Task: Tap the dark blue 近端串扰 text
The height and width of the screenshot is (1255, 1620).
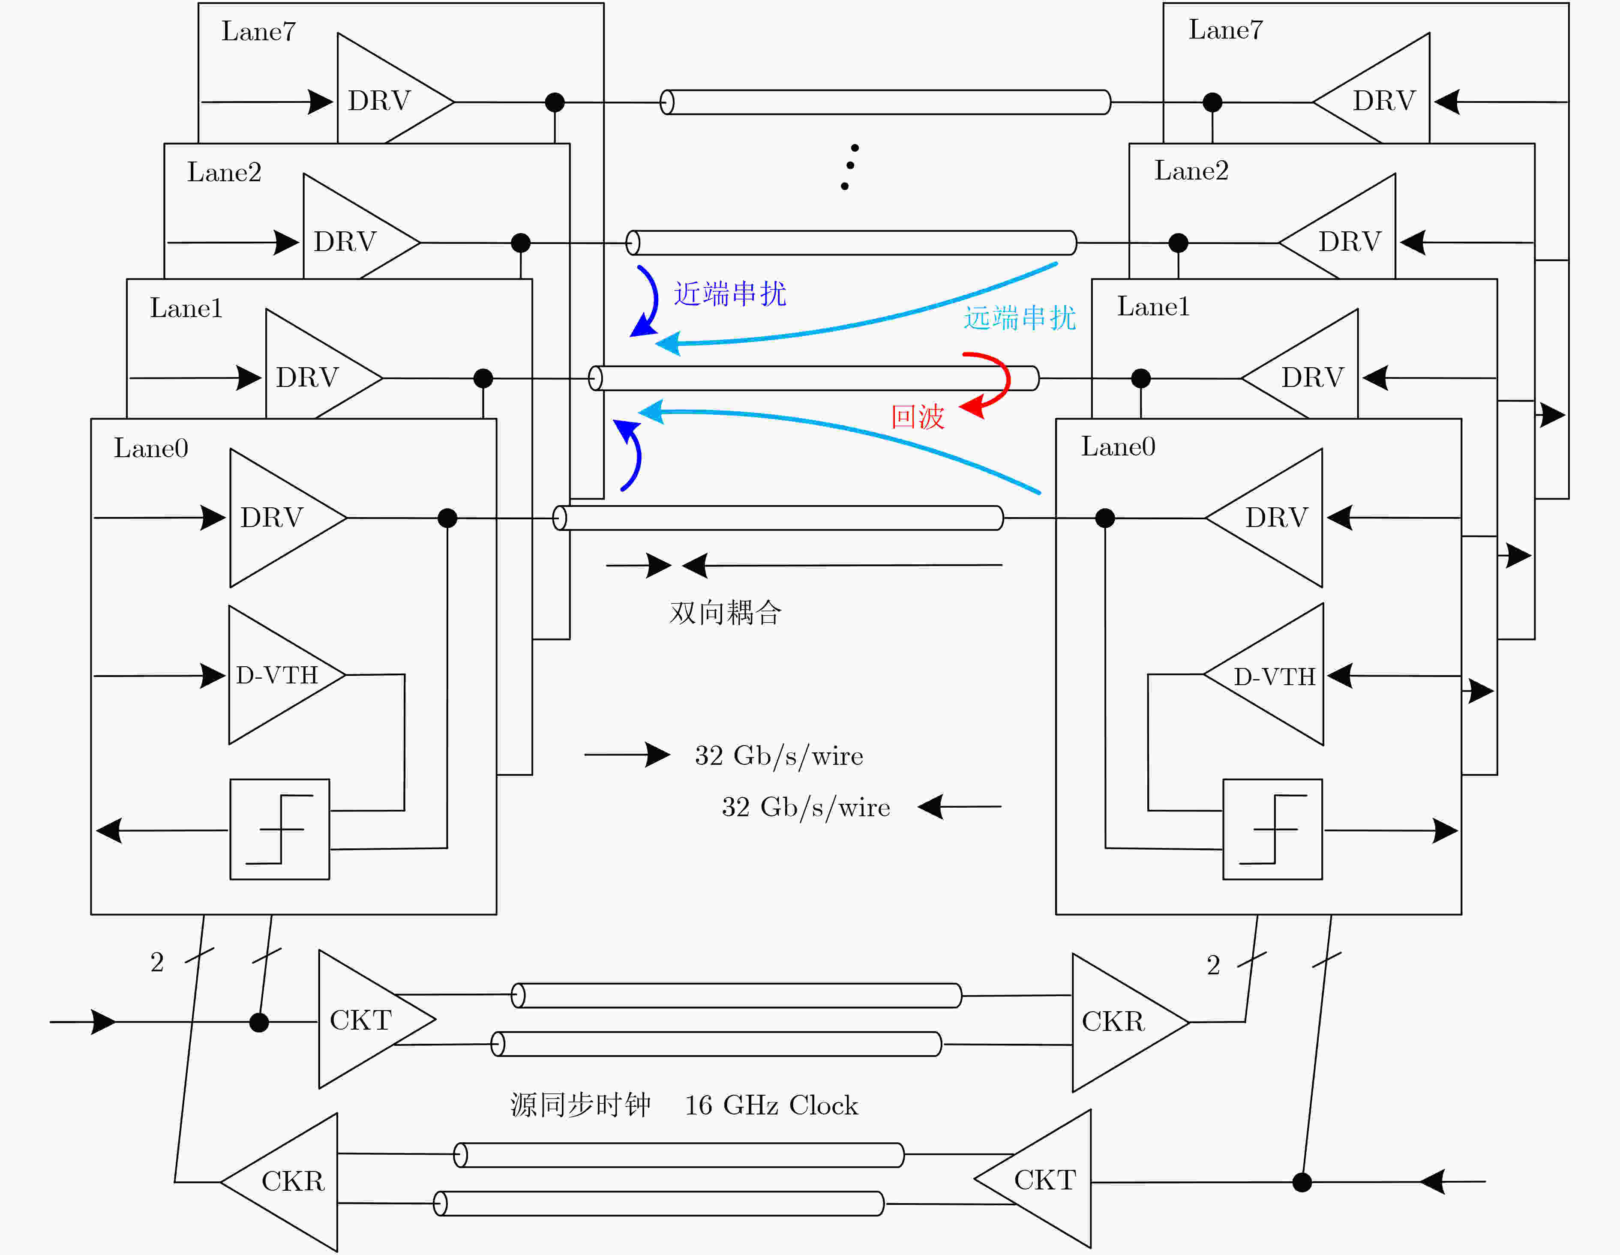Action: (730, 294)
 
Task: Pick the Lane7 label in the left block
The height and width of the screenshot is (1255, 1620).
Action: (258, 31)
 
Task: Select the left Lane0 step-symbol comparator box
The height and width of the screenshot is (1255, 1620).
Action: (279, 829)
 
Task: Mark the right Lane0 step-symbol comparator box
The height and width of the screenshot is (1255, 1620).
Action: (1272, 829)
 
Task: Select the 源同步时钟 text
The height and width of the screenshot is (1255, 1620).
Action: (580, 1105)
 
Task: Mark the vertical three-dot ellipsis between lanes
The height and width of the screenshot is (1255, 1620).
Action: (849, 166)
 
